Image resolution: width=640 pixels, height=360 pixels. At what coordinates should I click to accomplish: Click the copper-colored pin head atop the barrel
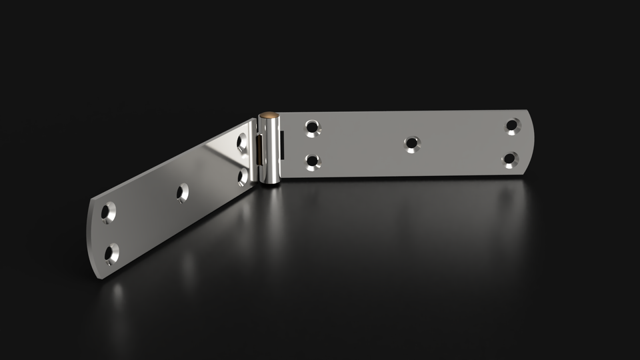click(269, 115)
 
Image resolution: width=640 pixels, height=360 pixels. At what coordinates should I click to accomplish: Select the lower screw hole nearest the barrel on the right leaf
click(311, 161)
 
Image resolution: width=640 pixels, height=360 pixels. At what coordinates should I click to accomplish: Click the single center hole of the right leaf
click(411, 143)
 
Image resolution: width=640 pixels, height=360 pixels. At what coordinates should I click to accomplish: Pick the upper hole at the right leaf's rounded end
click(512, 125)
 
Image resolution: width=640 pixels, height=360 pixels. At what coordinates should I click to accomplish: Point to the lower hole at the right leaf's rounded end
click(511, 159)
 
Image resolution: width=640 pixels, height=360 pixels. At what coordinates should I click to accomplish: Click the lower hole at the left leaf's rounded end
click(111, 254)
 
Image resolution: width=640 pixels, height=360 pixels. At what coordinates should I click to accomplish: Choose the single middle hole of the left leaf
click(182, 193)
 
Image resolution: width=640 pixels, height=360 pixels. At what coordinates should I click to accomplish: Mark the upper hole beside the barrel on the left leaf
click(243, 141)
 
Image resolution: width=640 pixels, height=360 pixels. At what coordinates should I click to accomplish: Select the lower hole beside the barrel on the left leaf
click(243, 175)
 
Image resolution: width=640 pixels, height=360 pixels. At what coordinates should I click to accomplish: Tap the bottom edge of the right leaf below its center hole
click(411, 176)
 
